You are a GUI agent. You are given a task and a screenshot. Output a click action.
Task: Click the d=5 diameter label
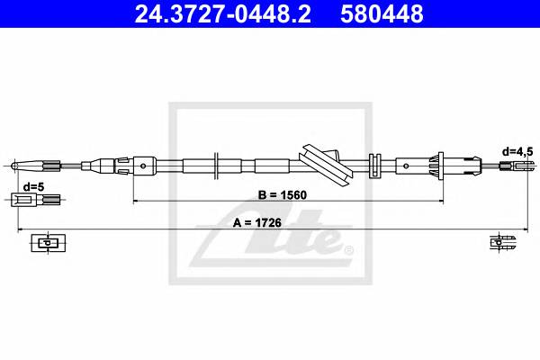33,186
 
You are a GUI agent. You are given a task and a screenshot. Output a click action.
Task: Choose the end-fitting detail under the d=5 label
30,199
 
